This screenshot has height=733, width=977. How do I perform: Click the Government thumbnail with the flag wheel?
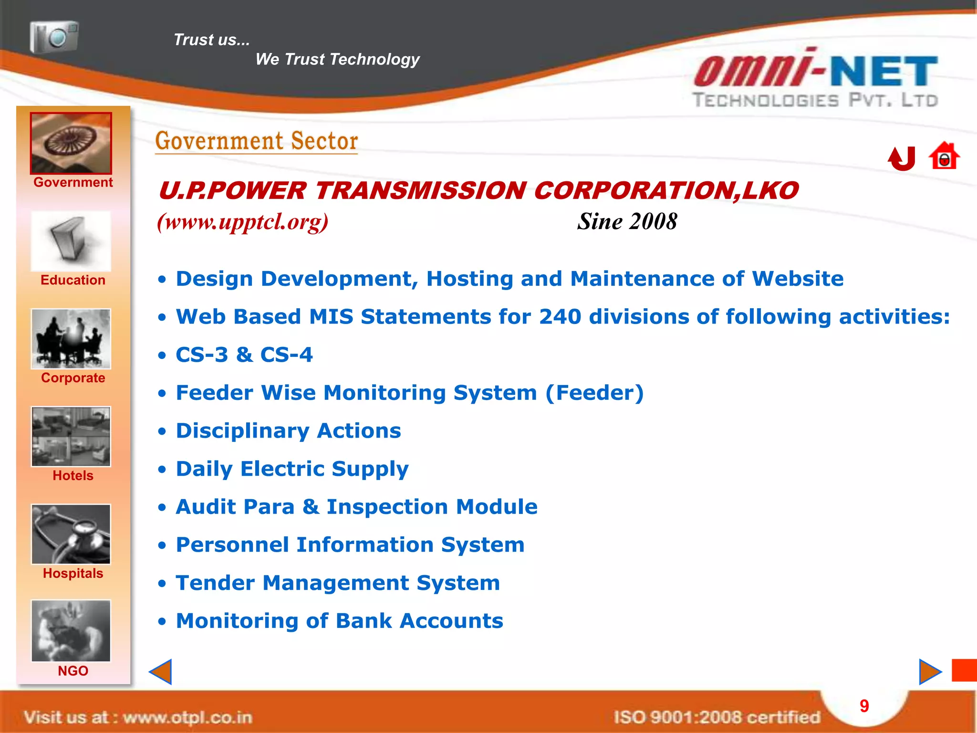pyautogui.click(x=71, y=143)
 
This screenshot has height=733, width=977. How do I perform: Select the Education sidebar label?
pyautogui.click(x=73, y=280)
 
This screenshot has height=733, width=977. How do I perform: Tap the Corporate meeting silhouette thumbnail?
pyautogui.click(x=71, y=339)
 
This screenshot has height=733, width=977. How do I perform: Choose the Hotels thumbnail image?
pyautogui.click(x=71, y=437)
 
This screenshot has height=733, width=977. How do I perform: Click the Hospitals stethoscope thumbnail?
pyautogui.click(x=71, y=534)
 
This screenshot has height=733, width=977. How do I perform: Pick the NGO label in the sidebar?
pyautogui.click(x=73, y=671)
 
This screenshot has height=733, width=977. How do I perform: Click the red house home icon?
pyautogui.click(x=944, y=157)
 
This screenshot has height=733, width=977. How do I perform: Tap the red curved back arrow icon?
pyautogui.click(x=902, y=158)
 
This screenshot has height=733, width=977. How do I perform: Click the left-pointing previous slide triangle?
pyautogui.click(x=161, y=672)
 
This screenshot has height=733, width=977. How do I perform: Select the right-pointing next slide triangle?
pyautogui.click(x=930, y=672)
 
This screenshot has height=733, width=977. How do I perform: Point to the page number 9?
pyautogui.click(x=864, y=706)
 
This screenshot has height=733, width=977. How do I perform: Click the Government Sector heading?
pyautogui.click(x=257, y=141)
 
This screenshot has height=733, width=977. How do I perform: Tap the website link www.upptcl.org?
pyautogui.click(x=243, y=222)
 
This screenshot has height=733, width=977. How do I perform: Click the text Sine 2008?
pyautogui.click(x=627, y=221)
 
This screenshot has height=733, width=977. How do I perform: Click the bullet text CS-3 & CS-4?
pyautogui.click(x=244, y=355)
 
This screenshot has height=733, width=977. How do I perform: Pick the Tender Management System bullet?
pyautogui.click(x=338, y=583)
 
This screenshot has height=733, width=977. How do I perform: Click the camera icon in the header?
pyautogui.click(x=54, y=37)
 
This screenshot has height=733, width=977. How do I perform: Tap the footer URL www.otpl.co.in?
pyautogui.click(x=187, y=717)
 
